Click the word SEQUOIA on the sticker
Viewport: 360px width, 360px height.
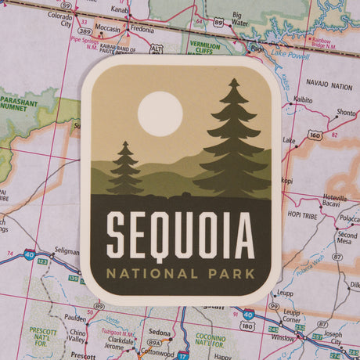[x=180, y=236]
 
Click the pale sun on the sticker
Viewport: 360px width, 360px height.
[x=160, y=114]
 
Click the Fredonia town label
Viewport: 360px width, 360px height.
[x=142, y=30]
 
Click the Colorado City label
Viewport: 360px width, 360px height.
[x=59, y=19]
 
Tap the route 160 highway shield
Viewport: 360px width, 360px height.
[x=315, y=135]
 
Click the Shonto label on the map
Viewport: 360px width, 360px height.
[x=345, y=113]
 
